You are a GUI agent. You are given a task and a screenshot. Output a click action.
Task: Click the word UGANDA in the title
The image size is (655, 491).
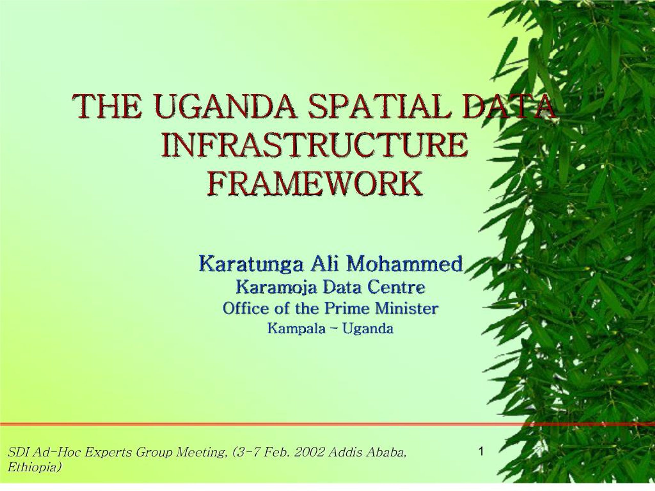[225, 106]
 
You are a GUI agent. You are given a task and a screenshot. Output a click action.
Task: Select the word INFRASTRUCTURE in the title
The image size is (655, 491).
[315, 145]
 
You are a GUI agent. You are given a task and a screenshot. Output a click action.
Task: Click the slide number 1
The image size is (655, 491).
[481, 452]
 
